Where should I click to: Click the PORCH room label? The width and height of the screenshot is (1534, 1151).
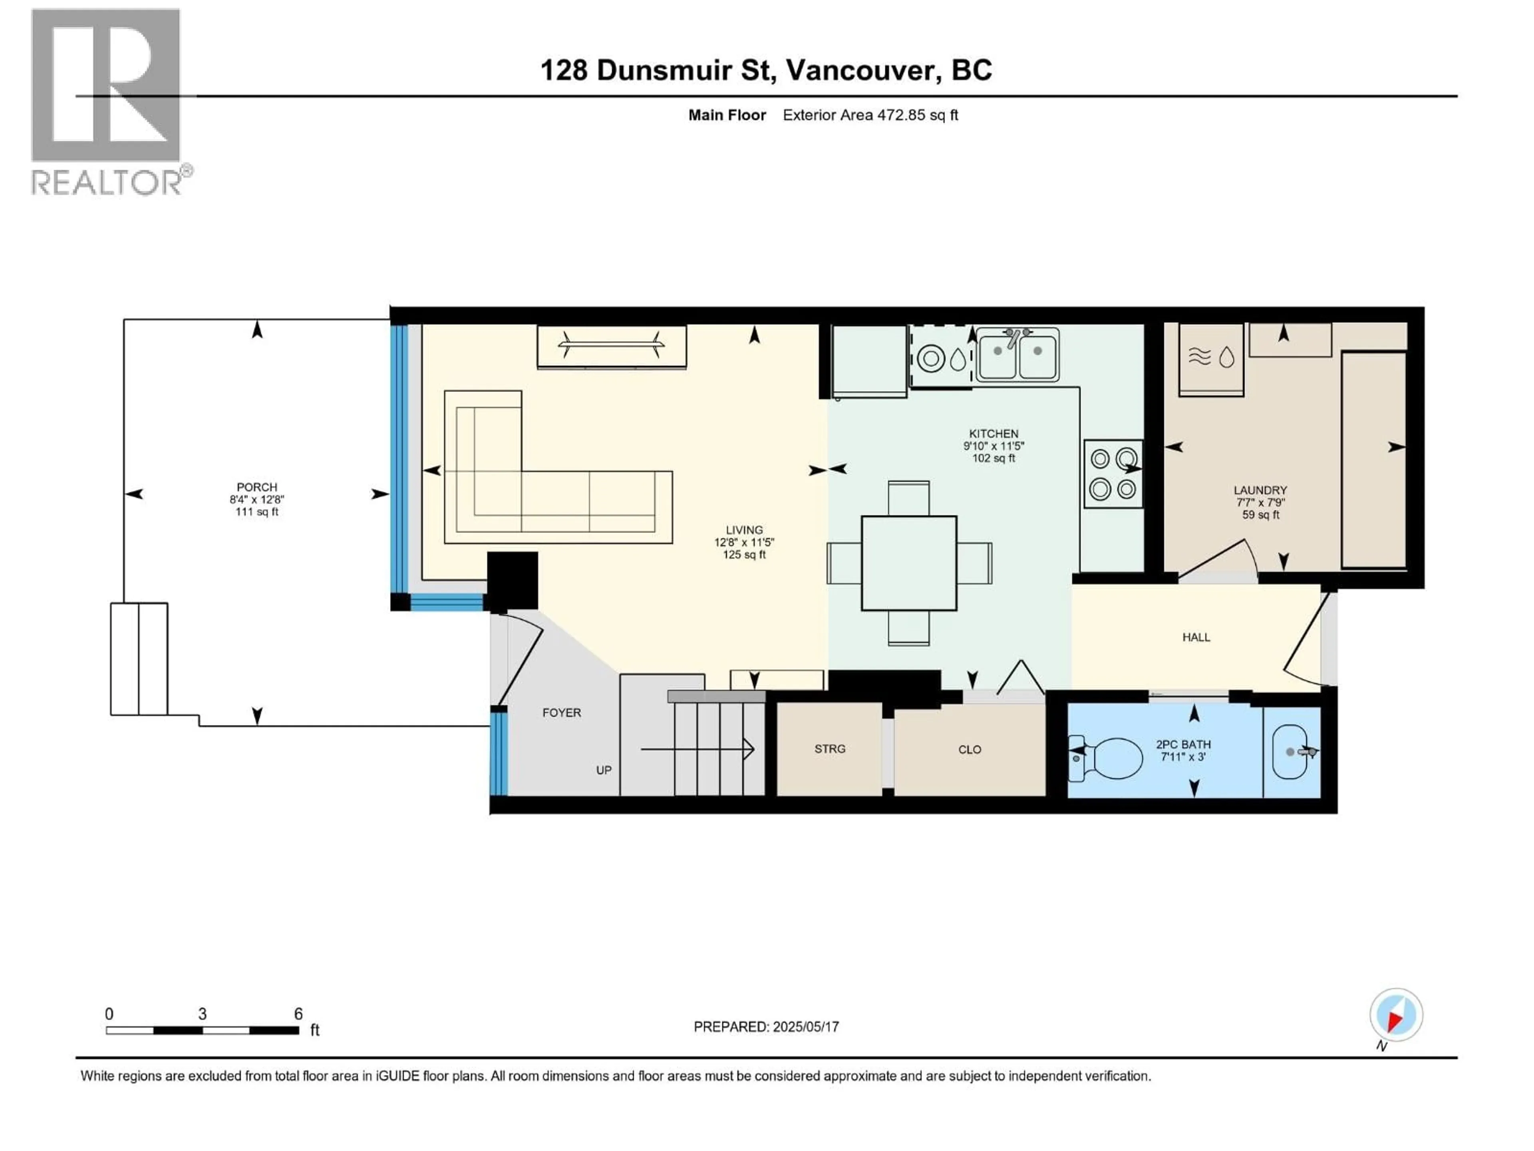click(x=256, y=487)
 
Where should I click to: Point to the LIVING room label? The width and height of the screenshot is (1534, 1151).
click(x=744, y=530)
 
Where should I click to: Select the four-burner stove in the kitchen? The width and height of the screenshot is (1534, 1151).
click(x=1113, y=473)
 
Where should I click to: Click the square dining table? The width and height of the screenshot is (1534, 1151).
click(x=908, y=563)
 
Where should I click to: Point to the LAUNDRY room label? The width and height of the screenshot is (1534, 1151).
click(x=1260, y=490)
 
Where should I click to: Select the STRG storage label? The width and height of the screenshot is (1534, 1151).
click(x=829, y=749)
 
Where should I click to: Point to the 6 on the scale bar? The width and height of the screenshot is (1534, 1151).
click(x=298, y=1014)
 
